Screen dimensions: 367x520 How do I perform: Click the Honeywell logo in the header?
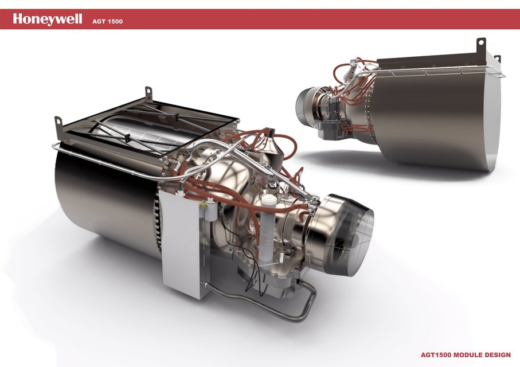[48, 19]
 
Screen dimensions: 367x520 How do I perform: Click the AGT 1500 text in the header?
[107, 22]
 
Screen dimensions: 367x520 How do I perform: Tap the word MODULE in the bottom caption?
[466, 355]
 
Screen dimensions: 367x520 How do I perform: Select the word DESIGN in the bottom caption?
[496, 355]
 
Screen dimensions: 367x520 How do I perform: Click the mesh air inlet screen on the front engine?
[350, 229]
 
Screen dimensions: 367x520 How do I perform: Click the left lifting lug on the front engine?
[58, 122]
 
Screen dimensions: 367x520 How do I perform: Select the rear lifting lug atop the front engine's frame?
[148, 92]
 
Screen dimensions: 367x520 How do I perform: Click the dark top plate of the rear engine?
[430, 62]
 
